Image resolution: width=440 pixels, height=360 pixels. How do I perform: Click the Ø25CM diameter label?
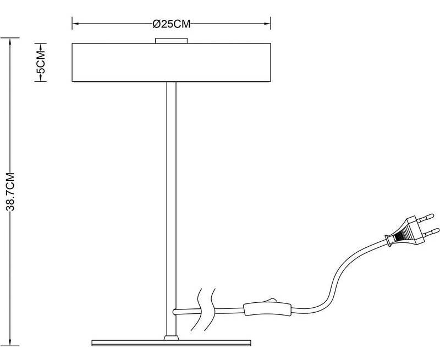pyautogui.click(x=172, y=24)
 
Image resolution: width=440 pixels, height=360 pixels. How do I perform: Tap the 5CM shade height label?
pyautogui.click(x=41, y=62)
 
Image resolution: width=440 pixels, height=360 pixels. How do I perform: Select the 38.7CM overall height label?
pyautogui.click(x=10, y=191)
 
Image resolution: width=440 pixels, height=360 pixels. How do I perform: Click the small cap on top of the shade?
pyautogui.click(x=171, y=40)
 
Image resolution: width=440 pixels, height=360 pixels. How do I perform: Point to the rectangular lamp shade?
pyautogui.click(x=171, y=62)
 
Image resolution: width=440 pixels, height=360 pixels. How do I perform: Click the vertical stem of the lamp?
pyautogui.click(x=172, y=208)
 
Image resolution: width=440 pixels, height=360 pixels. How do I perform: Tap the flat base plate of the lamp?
pyautogui.click(x=171, y=343)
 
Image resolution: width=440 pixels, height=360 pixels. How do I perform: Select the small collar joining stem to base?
pyautogui.click(x=171, y=337)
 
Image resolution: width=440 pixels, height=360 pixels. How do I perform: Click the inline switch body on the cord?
pyautogui.click(x=267, y=309)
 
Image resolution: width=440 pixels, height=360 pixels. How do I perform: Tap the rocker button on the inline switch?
pyautogui.click(x=269, y=301)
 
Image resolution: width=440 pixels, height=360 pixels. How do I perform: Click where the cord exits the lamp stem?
pyautogui.click(x=174, y=311)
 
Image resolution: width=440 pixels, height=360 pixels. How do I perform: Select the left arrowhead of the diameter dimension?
pyautogui.click(x=75, y=24)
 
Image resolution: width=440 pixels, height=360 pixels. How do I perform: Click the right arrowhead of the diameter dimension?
pyautogui.click(x=267, y=24)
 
